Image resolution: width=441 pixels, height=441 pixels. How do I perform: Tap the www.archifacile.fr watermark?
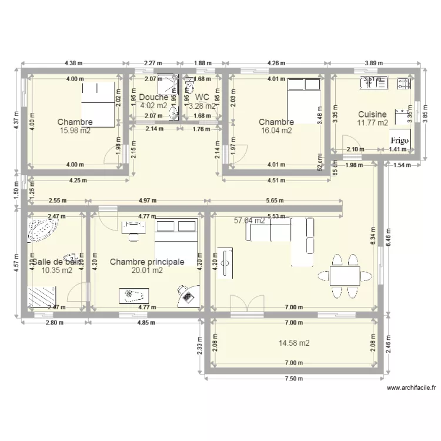412,388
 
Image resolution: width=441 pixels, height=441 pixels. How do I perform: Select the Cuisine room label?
372,115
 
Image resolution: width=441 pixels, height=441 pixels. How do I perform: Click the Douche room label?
153,97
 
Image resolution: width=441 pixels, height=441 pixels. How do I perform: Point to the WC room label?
202,97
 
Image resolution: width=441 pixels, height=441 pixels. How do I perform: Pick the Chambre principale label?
147,262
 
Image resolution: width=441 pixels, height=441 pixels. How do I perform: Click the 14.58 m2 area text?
294,343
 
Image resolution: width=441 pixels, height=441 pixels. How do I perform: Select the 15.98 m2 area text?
75,131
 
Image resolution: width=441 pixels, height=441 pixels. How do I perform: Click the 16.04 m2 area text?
276,131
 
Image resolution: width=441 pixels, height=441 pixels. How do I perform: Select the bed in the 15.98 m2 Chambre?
97,105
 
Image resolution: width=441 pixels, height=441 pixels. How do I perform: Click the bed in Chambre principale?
176,238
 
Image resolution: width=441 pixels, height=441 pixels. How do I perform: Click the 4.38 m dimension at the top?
74,63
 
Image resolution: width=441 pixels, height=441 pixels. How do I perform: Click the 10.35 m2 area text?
57,270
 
